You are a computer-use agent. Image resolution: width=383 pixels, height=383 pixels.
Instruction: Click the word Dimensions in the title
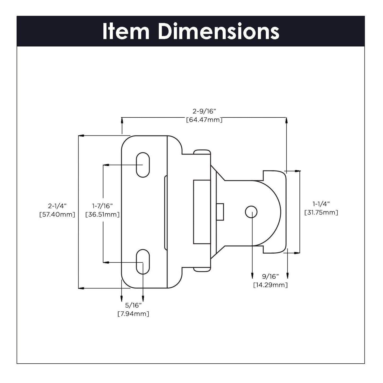218,32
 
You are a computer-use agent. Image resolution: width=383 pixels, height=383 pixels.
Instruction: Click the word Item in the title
126,32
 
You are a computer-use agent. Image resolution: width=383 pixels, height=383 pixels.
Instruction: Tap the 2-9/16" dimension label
204,111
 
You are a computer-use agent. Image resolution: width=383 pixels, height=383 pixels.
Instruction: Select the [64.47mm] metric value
204,120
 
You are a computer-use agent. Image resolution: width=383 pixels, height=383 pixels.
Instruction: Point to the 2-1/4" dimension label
57,206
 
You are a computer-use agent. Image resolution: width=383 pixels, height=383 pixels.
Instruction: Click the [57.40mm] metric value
57,214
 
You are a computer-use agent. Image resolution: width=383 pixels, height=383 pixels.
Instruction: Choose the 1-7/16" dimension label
102,206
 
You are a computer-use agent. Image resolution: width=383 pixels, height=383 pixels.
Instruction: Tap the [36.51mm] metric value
102,214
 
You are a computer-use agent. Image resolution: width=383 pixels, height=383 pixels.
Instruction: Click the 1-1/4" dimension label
321,204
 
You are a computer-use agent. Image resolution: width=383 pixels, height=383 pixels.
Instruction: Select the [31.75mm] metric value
321,212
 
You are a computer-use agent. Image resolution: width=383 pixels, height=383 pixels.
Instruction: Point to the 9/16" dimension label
270,277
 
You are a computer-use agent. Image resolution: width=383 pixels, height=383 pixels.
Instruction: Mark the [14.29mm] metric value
270,285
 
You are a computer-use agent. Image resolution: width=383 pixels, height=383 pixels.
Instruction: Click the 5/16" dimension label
133,305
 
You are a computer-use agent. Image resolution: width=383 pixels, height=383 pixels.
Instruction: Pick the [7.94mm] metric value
133,314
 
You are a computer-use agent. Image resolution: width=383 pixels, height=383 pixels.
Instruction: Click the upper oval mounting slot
143,165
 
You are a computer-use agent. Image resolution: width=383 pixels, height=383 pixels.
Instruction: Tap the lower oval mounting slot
143,262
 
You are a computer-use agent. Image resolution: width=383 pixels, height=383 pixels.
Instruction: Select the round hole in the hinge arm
251,212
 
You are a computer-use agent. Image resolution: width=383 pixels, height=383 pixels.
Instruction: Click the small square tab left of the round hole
220,212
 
